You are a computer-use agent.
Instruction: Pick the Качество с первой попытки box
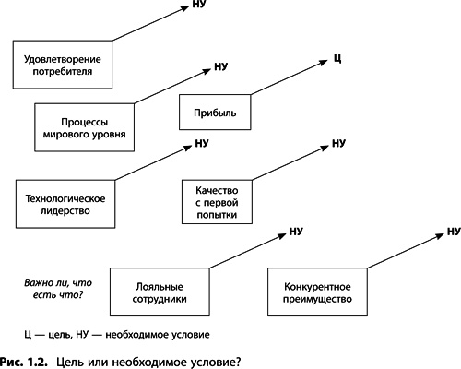[217, 199]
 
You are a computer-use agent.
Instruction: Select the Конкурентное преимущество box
[313, 292]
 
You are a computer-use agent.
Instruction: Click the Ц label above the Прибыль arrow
[337, 59]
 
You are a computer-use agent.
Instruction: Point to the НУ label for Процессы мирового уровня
[220, 67]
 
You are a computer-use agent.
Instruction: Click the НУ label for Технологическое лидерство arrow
[202, 144]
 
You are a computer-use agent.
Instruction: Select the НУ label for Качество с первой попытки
[337, 144]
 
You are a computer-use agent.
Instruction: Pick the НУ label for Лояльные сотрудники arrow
[296, 232]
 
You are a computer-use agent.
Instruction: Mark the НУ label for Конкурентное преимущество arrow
[453, 232]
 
